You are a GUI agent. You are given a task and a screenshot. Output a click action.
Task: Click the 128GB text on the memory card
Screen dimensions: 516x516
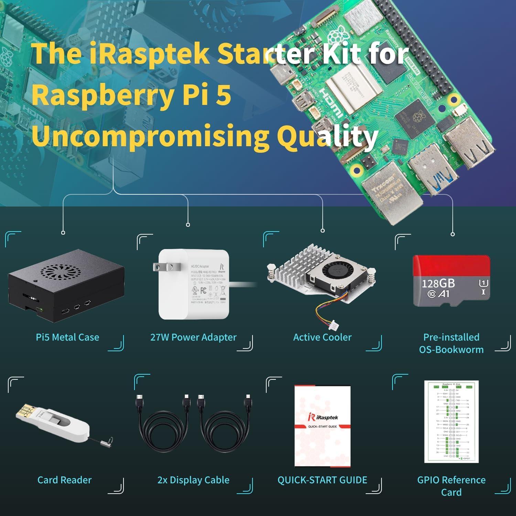[x=438, y=283]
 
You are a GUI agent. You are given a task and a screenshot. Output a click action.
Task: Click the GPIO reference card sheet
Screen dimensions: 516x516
[x=451, y=421]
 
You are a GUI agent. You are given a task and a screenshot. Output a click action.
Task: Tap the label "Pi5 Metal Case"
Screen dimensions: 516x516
[x=67, y=337]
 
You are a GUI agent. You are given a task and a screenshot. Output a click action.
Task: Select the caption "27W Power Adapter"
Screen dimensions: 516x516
[x=193, y=337]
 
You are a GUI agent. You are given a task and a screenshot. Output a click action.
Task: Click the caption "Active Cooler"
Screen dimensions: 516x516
[x=322, y=337]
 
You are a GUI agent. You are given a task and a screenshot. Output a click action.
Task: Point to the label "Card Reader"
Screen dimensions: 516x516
[x=64, y=480]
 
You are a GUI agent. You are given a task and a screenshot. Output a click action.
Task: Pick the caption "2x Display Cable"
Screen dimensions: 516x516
[x=193, y=480]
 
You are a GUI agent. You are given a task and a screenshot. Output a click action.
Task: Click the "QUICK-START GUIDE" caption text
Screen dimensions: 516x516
[x=322, y=480]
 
